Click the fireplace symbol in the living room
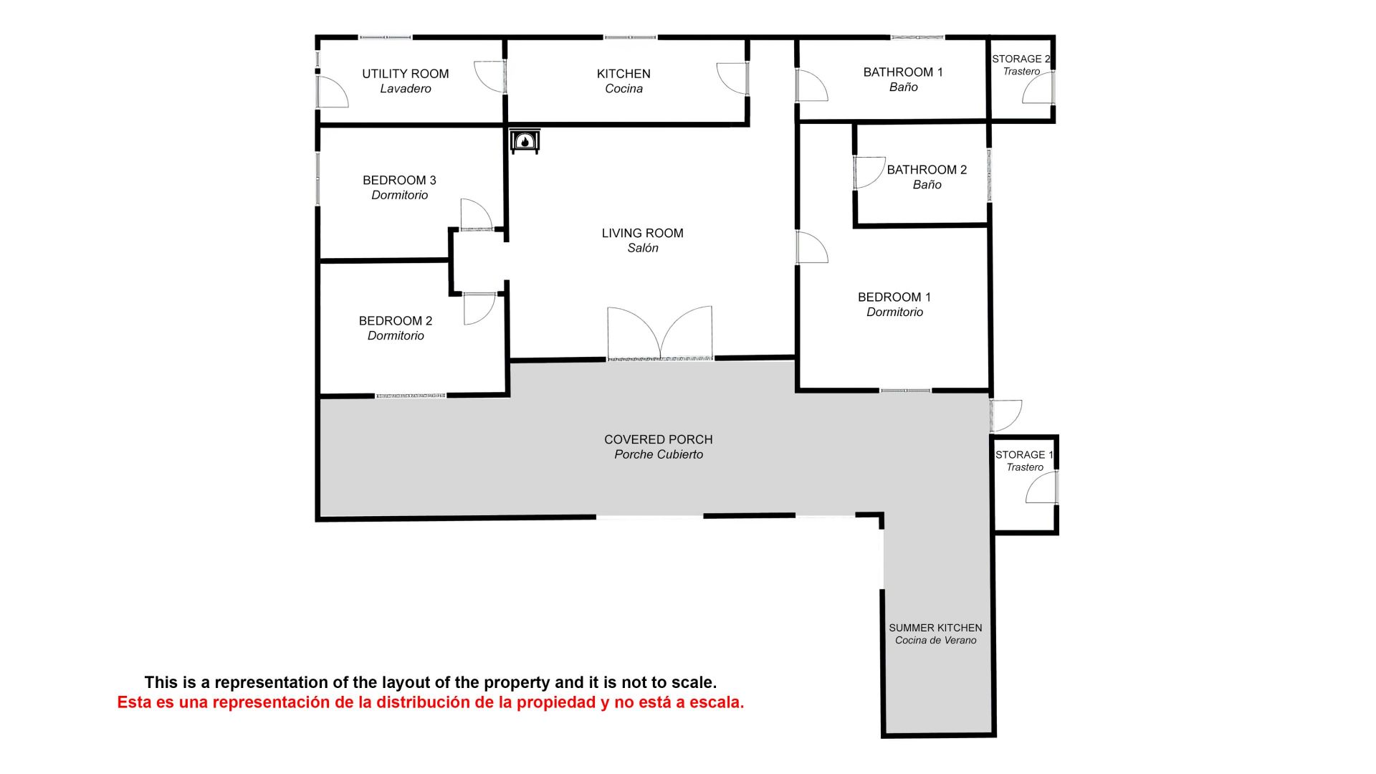525,141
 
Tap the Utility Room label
406,81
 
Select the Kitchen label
623,81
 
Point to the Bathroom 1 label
903,80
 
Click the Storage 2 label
1021,64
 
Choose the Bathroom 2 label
927,177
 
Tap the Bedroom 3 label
399,187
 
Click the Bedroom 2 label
396,328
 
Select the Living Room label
643,240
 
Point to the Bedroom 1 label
894,304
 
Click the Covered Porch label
659,446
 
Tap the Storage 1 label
1025,460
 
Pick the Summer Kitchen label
935,634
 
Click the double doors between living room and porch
660,333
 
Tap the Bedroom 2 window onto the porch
411,396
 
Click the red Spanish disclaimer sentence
431,702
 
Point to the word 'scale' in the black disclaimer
692,682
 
